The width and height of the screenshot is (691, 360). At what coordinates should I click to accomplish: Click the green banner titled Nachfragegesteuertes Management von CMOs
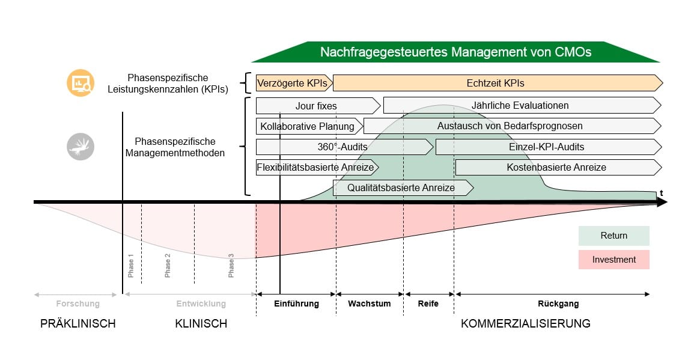click(455, 52)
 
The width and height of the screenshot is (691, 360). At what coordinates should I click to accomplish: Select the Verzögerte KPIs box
click(293, 83)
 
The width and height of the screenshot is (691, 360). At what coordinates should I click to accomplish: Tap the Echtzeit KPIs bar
click(496, 83)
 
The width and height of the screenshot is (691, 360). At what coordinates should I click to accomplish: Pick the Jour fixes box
click(317, 106)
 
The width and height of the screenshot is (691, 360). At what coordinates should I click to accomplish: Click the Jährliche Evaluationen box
click(520, 106)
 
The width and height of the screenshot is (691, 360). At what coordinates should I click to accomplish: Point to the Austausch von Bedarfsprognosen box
click(510, 126)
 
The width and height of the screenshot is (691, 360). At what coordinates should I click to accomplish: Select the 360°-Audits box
click(342, 147)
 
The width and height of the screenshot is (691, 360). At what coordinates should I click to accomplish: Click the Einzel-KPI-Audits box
click(546, 147)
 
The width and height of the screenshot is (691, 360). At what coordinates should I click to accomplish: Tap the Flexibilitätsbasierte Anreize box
click(315, 167)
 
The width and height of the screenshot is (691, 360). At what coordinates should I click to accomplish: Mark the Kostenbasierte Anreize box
click(556, 167)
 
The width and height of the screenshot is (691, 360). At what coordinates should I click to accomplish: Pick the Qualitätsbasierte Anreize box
click(401, 188)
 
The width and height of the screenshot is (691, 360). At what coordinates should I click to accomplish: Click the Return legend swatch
click(613, 236)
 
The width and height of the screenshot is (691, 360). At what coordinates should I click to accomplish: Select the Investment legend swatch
click(613, 260)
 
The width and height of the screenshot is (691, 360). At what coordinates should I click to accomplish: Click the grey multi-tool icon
click(80, 146)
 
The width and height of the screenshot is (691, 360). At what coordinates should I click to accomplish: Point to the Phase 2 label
click(168, 265)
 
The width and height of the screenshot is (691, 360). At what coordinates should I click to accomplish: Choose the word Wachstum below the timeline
click(370, 304)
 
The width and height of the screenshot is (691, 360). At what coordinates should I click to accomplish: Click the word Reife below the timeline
click(428, 304)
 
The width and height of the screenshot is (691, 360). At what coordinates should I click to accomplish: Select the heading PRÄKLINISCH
click(78, 324)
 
